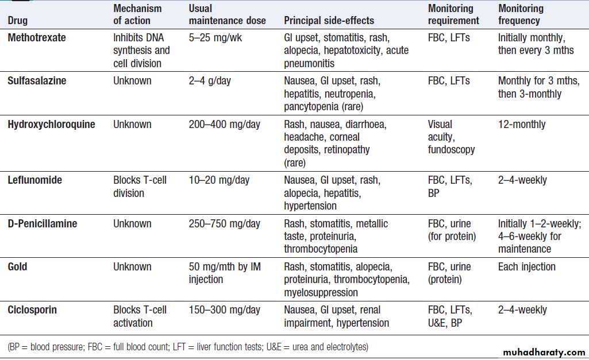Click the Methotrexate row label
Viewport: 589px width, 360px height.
pyautogui.click(x=37, y=38)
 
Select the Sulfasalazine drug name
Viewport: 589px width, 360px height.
pyautogui.click(x=37, y=81)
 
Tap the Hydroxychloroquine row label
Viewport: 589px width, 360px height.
pyautogui.click(x=51, y=125)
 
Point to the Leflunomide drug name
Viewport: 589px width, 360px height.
pyautogui.click(x=34, y=180)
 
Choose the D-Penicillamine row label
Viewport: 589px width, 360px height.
pyautogui.click(x=43, y=224)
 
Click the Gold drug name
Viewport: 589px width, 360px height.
pyautogui.click(x=17, y=267)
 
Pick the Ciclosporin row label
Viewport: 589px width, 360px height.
pyautogui.click(x=32, y=310)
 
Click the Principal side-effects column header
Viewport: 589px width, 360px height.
pyautogui.click(x=329, y=21)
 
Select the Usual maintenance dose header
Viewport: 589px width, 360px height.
pyautogui.click(x=227, y=15)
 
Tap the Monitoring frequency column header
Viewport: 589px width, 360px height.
pyautogui.click(x=521, y=15)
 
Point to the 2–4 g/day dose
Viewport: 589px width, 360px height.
pyautogui.click(x=210, y=81)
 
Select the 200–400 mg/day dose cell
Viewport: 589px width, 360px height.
pyautogui.click(x=225, y=125)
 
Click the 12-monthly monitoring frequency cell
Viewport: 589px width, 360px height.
pyautogui.click(x=522, y=125)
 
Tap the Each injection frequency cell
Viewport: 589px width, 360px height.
pyautogui.click(x=526, y=267)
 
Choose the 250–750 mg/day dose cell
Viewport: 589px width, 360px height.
pyautogui.click(x=225, y=224)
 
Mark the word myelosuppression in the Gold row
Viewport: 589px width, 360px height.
pyautogui.click(x=321, y=292)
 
